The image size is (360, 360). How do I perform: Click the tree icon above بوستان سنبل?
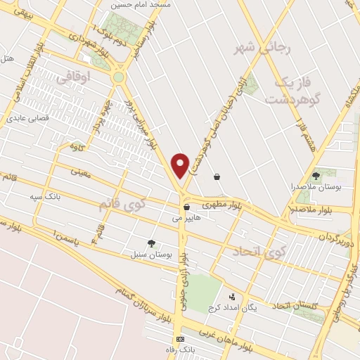point(151,243)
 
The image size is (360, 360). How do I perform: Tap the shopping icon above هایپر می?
point(186,207)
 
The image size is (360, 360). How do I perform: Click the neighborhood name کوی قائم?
point(112,205)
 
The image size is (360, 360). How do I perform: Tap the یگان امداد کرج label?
point(233,308)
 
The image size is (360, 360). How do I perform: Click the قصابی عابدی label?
point(28,118)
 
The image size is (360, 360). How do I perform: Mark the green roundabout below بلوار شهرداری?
point(118,77)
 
